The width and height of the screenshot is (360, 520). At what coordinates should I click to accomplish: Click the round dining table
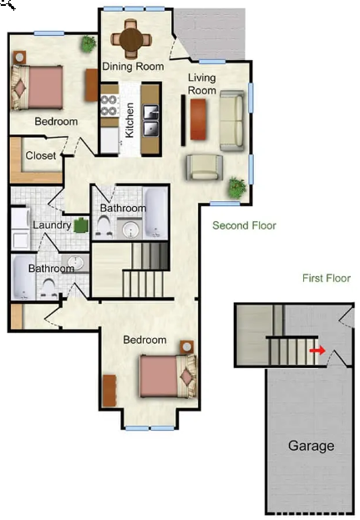(x=131, y=39)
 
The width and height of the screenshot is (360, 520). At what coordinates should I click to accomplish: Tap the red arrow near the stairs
(x=317, y=351)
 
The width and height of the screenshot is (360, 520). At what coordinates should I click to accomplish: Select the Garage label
(x=312, y=446)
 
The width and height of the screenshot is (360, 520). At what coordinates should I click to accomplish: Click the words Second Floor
(x=244, y=225)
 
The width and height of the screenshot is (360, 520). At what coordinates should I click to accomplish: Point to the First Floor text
(x=327, y=278)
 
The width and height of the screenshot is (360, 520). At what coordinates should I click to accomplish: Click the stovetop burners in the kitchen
(x=109, y=105)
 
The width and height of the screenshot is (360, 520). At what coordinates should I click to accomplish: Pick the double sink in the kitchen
(x=151, y=120)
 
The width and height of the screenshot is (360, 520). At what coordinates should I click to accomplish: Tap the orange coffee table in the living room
(x=199, y=119)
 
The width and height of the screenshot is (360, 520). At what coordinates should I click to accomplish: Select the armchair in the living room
(x=204, y=167)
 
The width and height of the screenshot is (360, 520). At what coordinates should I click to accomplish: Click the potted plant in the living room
(x=237, y=188)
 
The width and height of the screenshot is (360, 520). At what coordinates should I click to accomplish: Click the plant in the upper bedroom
(x=89, y=43)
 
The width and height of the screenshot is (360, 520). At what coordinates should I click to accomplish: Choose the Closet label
(x=41, y=155)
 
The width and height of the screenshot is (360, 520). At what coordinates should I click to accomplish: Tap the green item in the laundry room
(x=81, y=225)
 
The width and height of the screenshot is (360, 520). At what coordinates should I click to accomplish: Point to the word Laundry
(x=52, y=225)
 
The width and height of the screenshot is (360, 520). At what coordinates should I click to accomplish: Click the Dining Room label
(x=133, y=66)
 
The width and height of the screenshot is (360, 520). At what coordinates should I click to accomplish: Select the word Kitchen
(x=129, y=119)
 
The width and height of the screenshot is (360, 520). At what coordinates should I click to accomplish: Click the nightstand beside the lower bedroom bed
(x=187, y=347)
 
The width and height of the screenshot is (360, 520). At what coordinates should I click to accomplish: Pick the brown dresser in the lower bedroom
(x=109, y=391)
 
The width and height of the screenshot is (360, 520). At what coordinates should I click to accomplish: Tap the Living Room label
(x=202, y=84)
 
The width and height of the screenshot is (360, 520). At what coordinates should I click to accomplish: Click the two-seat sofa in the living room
(x=232, y=120)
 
